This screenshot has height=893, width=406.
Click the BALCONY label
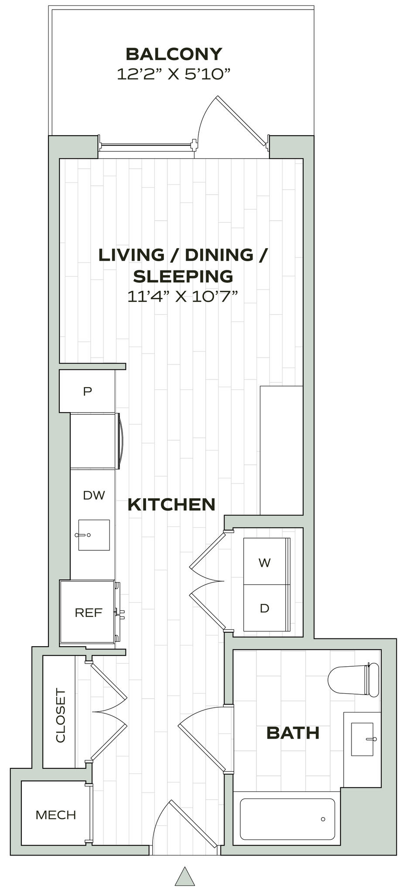coord(174,54)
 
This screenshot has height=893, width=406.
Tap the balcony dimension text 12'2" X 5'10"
coord(173,74)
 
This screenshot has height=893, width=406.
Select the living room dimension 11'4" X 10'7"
coord(183,297)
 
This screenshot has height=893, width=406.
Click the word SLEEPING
coord(183,276)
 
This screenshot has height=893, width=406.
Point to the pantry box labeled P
coord(88,391)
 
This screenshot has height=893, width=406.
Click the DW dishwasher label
coord(94,495)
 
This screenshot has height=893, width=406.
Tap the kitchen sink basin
coord(94,535)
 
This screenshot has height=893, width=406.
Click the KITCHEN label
coord(171,504)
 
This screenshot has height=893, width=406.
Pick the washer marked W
coord(264,562)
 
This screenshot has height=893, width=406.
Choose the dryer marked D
coord(264,608)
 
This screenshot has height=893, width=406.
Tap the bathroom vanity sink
coord(362,739)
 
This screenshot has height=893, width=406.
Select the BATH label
coord(293,733)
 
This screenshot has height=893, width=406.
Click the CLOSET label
coord(60,715)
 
